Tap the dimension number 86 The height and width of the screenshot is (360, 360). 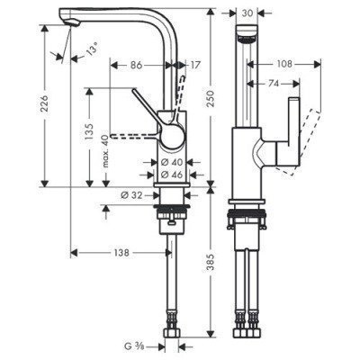pyautogui.click(x=138, y=65)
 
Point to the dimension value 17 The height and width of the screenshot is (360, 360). pyautogui.click(x=196, y=65)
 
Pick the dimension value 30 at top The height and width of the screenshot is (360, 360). pyautogui.click(x=247, y=13)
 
